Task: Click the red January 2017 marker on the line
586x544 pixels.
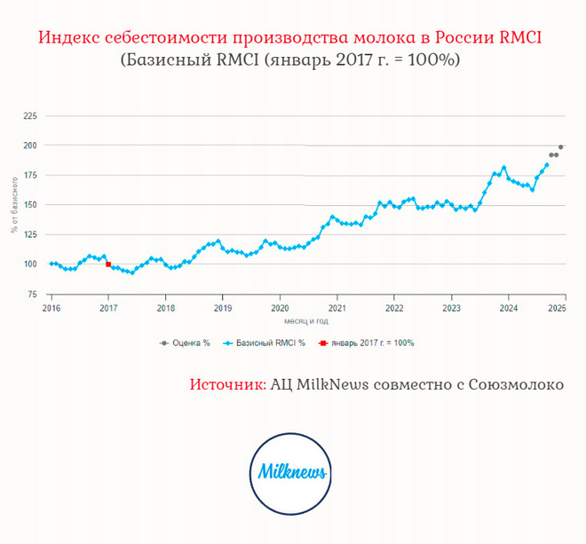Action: click(x=108, y=264)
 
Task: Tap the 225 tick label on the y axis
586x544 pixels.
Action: click(x=30, y=115)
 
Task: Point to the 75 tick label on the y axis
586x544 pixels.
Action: click(x=32, y=294)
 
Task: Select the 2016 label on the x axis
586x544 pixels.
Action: click(x=51, y=309)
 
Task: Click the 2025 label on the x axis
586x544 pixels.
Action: click(x=557, y=309)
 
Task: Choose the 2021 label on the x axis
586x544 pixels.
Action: click(x=337, y=309)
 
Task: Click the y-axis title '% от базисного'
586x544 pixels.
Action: click(x=14, y=205)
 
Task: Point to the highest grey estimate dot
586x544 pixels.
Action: click(x=560, y=147)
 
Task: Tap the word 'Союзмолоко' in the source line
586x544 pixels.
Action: click(x=516, y=385)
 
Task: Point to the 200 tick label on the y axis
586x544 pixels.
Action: click(x=30, y=146)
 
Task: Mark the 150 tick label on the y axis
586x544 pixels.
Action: click(x=30, y=205)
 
